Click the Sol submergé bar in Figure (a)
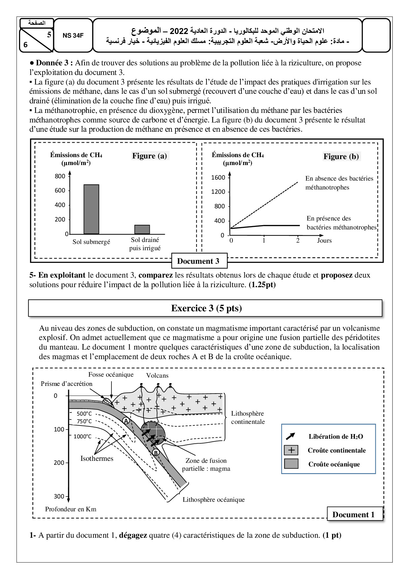[91, 209]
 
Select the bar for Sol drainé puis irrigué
[142, 229]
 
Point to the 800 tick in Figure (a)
[60, 176]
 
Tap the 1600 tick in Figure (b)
[218, 178]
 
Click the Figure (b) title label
[341, 156]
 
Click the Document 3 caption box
[198, 261]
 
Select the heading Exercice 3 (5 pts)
[206, 308]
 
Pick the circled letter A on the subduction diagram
[126, 421]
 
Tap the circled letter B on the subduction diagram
[156, 453]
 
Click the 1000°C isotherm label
[82, 436]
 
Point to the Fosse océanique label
[111, 374]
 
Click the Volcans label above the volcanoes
[157, 376]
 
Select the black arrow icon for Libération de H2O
[291, 436]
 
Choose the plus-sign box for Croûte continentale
[291, 450]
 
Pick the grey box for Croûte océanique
[291, 464]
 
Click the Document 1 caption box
[353, 515]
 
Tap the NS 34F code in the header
[73, 36]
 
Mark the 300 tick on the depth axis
[59, 496]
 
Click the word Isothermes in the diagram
[97, 459]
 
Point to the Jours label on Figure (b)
[324, 241]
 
